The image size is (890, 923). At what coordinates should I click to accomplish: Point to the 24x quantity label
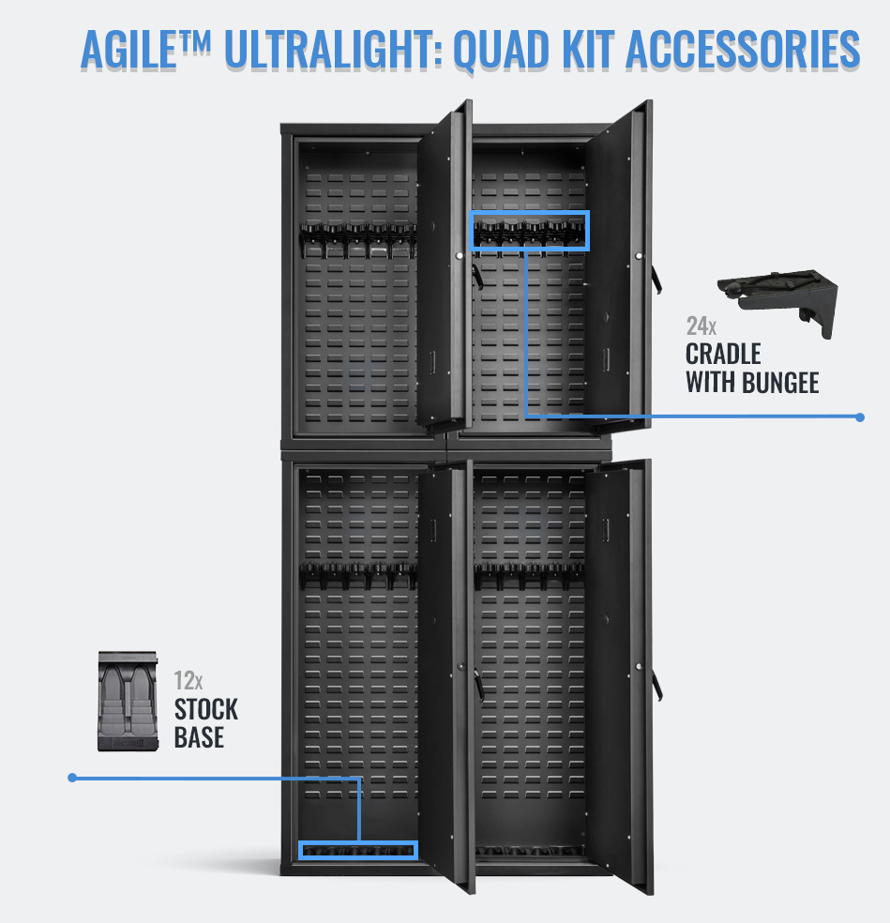pyautogui.click(x=701, y=326)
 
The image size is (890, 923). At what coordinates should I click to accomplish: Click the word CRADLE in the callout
pyautogui.click(x=723, y=355)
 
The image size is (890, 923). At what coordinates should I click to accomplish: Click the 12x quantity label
pyautogui.click(x=188, y=680)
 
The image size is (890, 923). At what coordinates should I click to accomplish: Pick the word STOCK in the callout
pyautogui.click(x=206, y=708)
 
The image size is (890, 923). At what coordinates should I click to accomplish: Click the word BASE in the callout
pyautogui.click(x=199, y=737)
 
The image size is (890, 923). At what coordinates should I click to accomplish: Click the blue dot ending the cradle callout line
pyautogui.click(x=860, y=416)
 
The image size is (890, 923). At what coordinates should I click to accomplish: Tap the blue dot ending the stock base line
pyautogui.click(x=71, y=777)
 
